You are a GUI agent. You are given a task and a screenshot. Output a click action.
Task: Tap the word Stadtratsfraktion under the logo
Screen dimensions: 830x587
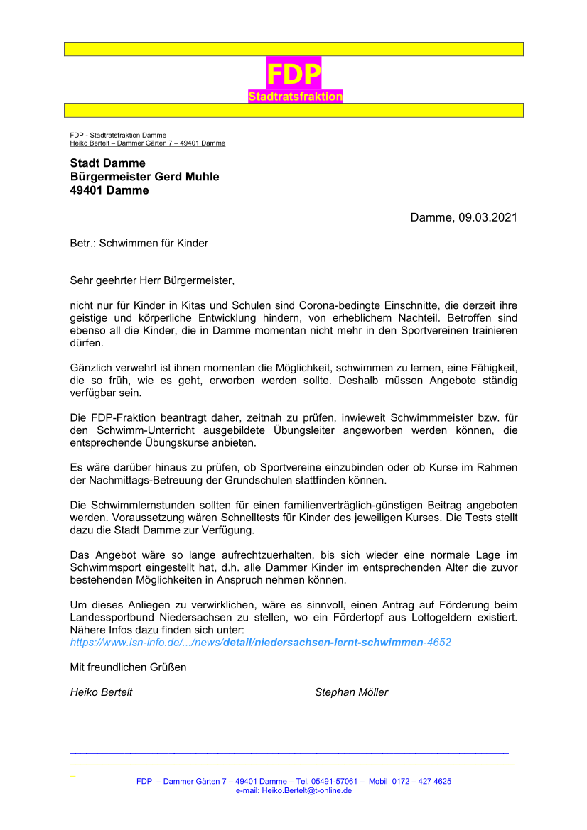click(x=296, y=97)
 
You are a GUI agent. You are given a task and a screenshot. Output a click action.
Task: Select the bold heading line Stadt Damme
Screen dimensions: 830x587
click(x=107, y=163)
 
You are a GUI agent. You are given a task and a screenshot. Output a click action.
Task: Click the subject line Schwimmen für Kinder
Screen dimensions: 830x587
click(x=154, y=243)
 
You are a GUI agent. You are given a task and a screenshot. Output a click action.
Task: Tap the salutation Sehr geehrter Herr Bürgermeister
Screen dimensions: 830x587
click(x=152, y=281)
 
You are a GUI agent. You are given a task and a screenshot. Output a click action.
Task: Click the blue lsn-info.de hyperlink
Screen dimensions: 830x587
click(x=260, y=642)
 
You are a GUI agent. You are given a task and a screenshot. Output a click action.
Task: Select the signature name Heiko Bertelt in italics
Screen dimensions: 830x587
click(x=101, y=692)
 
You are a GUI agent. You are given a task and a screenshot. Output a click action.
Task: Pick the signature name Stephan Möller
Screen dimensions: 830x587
click(x=351, y=692)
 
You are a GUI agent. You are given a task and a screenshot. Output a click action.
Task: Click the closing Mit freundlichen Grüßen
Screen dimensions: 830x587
click(x=128, y=667)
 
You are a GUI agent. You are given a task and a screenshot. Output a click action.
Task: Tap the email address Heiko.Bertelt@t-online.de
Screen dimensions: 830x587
click(x=307, y=790)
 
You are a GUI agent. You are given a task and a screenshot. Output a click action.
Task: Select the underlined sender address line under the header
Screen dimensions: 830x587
click(x=147, y=143)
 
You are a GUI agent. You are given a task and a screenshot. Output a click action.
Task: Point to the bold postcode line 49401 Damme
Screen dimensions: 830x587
click(x=109, y=190)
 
